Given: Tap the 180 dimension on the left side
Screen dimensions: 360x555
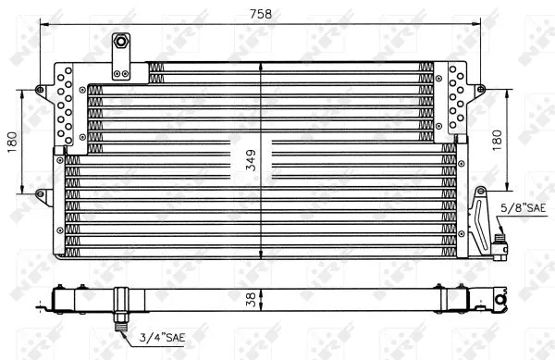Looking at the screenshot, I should click(x=12, y=142).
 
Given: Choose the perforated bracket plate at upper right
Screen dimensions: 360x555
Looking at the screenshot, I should click(x=457, y=100).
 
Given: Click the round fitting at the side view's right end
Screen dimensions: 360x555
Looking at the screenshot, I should click(x=500, y=300).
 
